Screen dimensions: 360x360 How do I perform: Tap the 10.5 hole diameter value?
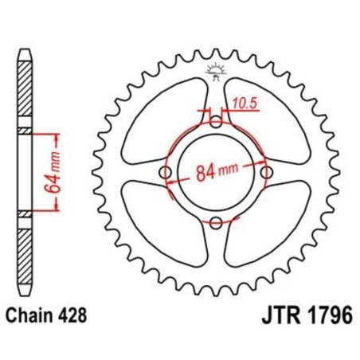pyautogui.click(x=245, y=101)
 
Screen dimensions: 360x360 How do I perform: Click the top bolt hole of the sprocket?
pyautogui.click(x=216, y=123)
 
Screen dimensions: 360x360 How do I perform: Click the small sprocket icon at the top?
pyautogui.click(x=216, y=69)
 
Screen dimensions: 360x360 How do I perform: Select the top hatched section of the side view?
pyautogui.click(x=25, y=88)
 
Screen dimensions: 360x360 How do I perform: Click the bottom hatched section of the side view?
pyautogui.click(x=25, y=255)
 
